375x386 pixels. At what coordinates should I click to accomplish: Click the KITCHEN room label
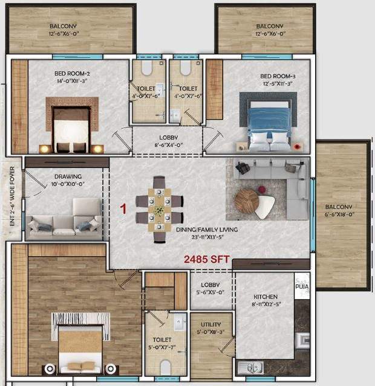click(266, 297)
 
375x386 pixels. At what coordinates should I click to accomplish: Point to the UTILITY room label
click(211, 324)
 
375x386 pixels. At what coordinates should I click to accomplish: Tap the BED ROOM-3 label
click(278, 76)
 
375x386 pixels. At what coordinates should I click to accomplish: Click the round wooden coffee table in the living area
click(247, 201)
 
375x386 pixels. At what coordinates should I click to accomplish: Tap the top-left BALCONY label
click(68, 26)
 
